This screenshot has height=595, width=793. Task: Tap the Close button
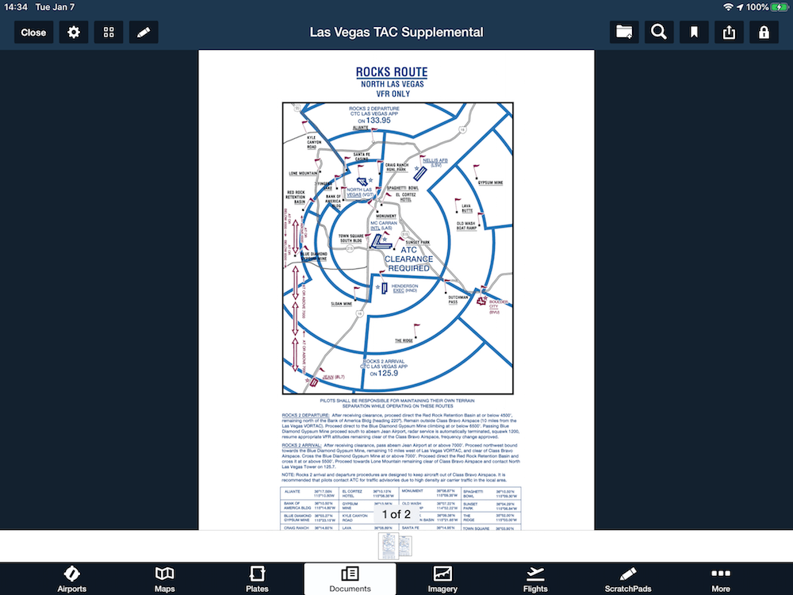tap(33, 33)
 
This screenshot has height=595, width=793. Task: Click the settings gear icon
tap(74, 33)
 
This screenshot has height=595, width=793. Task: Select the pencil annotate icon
tap(144, 33)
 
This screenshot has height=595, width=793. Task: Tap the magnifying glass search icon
tap(658, 33)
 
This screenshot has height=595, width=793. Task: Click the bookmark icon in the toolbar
tap(694, 33)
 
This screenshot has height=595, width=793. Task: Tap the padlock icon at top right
tap(764, 33)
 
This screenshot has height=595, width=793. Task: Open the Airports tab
tap(71, 578)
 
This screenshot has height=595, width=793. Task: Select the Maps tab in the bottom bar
tap(165, 578)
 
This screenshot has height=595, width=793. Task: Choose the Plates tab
tap(257, 578)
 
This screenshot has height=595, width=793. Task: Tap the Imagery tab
tap(442, 578)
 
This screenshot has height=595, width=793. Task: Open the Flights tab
tap(535, 578)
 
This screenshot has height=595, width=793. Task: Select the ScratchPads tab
tap(628, 578)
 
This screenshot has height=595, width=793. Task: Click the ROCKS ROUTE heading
tap(392, 72)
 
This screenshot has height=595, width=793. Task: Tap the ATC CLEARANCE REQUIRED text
tap(409, 259)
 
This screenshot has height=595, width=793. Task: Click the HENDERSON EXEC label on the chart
tap(404, 288)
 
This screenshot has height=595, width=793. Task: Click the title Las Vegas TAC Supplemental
tap(396, 33)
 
